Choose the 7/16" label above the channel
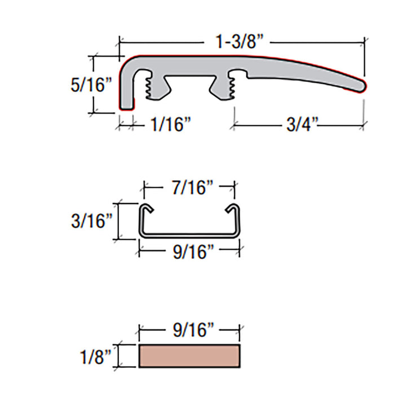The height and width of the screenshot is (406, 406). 188,188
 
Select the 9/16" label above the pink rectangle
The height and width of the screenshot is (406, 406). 189,330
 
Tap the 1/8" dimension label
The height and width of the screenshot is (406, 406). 94,356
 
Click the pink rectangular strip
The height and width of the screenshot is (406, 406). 190,356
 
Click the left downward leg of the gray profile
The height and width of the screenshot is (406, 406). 127,96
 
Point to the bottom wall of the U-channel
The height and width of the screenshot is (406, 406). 189,236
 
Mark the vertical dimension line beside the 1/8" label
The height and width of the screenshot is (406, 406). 118,356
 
